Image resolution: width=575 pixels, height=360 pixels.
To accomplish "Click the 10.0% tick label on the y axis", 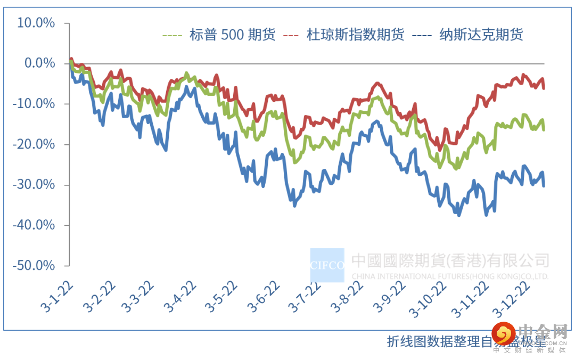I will [36, 23].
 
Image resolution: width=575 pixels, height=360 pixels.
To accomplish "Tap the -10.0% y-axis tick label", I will [34, 104].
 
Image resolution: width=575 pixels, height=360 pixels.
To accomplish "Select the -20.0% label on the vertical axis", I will [34, 144].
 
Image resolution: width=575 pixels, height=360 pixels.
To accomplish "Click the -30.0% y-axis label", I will [34, 185].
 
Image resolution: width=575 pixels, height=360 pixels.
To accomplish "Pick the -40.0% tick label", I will [34, 225].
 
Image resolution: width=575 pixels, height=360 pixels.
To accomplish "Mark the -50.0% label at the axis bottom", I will [34, 265].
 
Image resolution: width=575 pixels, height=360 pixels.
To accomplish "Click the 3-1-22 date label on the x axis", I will [56, 296].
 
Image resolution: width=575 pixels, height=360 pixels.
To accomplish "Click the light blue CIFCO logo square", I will [327, 265].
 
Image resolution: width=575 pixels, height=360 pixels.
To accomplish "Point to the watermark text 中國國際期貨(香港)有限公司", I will [450, 260].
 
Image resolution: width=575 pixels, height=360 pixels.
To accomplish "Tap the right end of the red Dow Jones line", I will [544, 88].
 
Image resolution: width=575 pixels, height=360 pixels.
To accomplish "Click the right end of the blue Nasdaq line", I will [544, 186].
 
